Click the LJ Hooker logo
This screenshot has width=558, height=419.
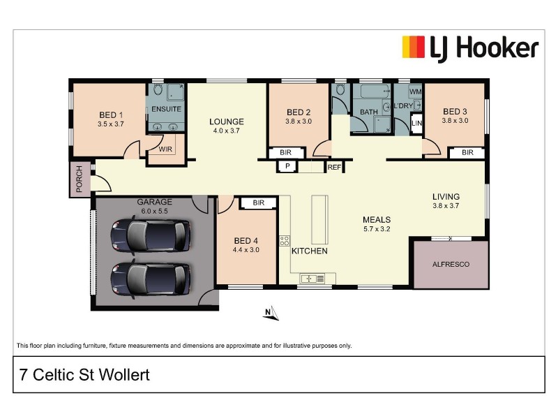click(469, 48)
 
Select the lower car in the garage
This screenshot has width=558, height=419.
click(150, 277)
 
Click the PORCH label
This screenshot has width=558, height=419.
click(80, 179)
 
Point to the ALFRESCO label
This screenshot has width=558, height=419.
click(451, 265)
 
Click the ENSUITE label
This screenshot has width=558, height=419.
click(167, 110)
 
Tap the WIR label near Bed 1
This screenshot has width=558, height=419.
click(166, 149)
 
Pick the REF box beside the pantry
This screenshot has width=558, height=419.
click(334, 168)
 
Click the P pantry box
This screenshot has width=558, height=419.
click(287, 166)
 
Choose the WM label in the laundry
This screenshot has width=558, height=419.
click(416, 92)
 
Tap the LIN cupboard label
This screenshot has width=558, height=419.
click(417, 124)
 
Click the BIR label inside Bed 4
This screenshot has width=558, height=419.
click(259, 203)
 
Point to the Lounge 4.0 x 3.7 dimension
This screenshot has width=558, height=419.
click(226, 131)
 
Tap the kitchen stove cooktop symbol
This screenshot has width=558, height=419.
click(285, 240)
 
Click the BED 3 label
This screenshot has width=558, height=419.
click(455, 111)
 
